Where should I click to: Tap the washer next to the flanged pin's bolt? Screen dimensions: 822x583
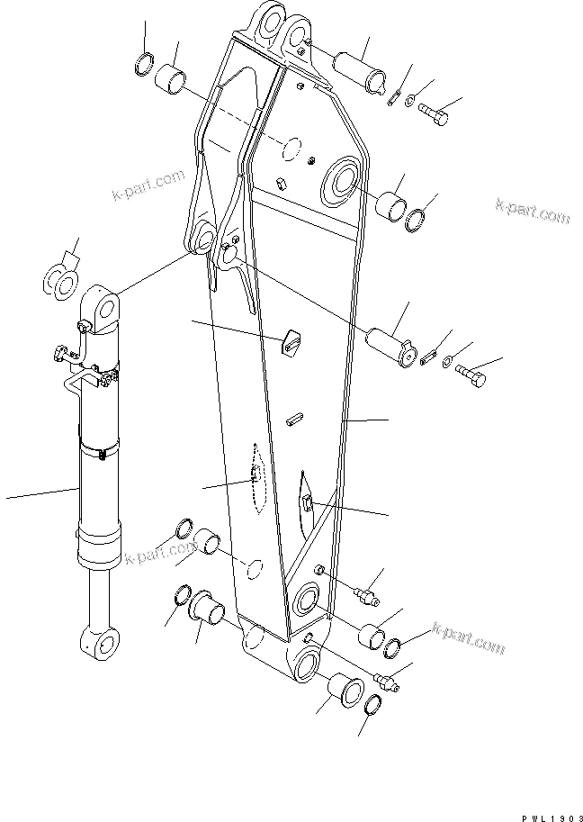[448, 361]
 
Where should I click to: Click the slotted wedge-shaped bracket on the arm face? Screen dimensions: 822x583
[290, 342]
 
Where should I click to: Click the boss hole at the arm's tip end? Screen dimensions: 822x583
[303, 666]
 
